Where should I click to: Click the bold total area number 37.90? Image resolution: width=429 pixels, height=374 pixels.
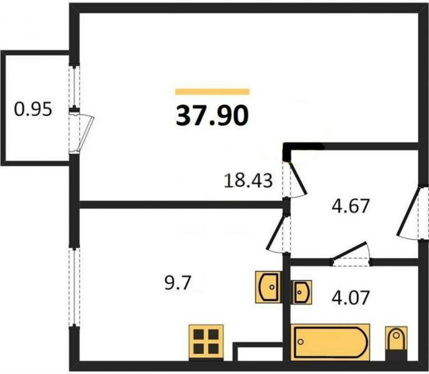(x=212, y=116)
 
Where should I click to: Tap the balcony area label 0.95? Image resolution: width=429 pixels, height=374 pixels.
(x=33, y=110)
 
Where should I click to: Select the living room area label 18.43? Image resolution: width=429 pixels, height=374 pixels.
(x=248, y=181)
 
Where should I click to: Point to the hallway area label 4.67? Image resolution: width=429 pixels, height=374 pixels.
(x=350, y=206)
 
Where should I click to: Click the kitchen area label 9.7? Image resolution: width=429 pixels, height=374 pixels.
(x=178, y=283)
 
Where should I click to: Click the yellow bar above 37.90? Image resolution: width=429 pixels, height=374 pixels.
(x=212, y=92)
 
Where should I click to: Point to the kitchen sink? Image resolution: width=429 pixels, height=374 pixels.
(x=268, y=287)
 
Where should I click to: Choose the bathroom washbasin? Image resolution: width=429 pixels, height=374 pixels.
(x=301, y=292)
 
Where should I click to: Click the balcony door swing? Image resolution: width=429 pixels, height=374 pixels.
(x=84, y=134)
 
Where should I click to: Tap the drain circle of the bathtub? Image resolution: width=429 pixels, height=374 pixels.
(x=301, y=342)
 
